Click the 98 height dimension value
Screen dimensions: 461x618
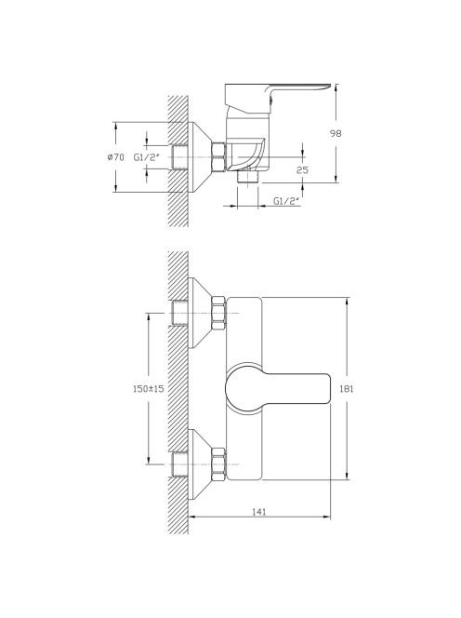(x=336, y=133)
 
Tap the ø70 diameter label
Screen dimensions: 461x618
(x=115, y=157)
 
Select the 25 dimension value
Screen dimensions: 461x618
(x=302, y=170)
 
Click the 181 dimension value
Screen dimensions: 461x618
(x=347, y=389)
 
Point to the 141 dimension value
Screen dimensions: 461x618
(x=258, y=512)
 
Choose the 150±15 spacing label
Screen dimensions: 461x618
(x=149, y=389)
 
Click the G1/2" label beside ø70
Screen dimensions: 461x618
(x=147, y=157)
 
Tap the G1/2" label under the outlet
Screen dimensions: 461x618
(x=286, y=201)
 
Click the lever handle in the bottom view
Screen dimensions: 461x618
(x=277, y=389)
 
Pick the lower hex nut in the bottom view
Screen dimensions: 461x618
(x=219, y=464)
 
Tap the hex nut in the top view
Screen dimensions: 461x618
(x=219, y=157)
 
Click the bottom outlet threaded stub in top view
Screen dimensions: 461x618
(x=248, y=176)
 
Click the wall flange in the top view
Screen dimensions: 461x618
(x=200, y=157)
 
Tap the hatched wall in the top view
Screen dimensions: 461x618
(x=178, y=161)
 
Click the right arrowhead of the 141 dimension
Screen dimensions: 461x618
(x=326, y=517)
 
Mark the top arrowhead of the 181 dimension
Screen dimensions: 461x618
(x=347, y=302)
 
